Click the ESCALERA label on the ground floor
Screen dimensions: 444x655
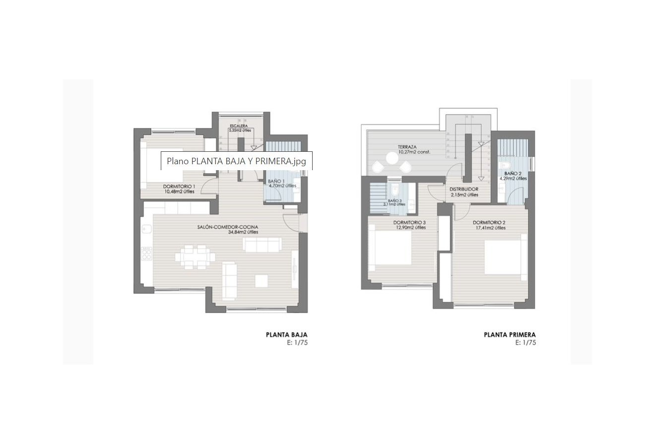click(239, 126)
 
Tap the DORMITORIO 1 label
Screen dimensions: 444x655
click(179, 187)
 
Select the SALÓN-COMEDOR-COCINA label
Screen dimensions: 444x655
click(227, 227)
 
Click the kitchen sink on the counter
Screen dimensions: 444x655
click(147, 229)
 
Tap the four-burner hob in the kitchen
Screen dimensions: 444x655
click(147, 253)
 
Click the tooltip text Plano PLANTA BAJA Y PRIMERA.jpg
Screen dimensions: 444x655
click(236, 161)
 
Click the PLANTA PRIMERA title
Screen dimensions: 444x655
click(510, 335)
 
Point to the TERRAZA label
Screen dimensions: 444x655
click(407, 147)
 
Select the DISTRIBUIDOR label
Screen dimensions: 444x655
click(463, 190)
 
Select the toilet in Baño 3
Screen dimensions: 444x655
click(395, 190)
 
